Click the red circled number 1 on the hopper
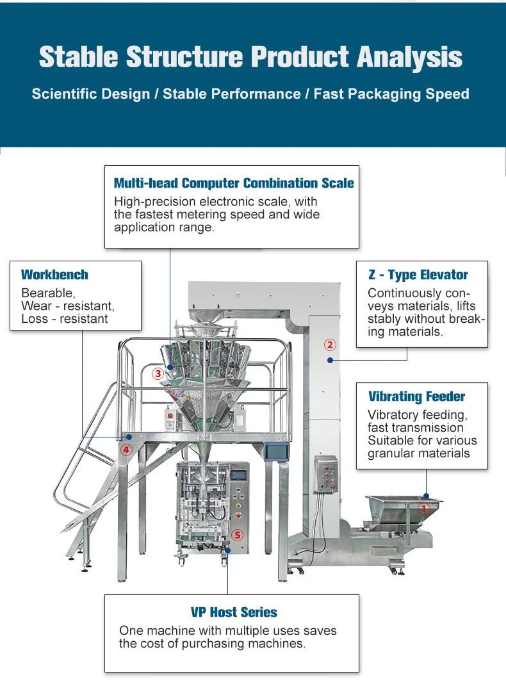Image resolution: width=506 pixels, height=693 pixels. tap(424, 509)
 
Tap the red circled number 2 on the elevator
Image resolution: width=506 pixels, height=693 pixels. tap(330, 345)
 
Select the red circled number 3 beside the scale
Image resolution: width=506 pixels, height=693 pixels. tap(158, 374)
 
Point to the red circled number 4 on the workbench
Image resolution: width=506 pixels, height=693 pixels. tap(126, 450)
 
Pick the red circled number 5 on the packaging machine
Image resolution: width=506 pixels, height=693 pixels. tap(238, 535)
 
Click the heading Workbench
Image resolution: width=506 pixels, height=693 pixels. tap(55, 275)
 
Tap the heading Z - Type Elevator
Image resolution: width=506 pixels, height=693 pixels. tap(418, 275)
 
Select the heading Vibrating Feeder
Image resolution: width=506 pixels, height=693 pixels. tap(417, 396)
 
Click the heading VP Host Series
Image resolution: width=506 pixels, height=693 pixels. tap(234, 612)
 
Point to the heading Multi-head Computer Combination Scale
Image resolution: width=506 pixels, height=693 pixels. tap(234, 183)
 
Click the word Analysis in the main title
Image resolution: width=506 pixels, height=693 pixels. tap(410, 58)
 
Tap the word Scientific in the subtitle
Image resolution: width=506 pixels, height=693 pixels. tap(91, 94)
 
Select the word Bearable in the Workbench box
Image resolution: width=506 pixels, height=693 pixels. tap(48, 293)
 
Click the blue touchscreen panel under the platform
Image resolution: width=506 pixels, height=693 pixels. tap(277, 452)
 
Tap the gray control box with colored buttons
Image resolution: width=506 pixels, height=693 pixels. tap(327, 475)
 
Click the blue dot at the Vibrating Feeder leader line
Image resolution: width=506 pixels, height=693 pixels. tap(426, 496)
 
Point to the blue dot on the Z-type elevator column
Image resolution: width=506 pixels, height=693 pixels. tap(330, 360)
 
